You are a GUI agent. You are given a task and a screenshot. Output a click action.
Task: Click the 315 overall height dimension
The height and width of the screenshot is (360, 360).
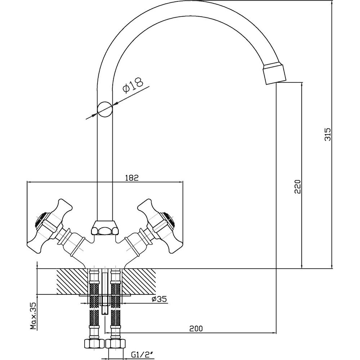[328, 134]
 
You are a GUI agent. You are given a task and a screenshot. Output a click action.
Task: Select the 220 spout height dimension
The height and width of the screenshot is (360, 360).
[297, 186]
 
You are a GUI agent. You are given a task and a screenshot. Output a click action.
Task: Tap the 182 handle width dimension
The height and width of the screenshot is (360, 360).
[132, 178]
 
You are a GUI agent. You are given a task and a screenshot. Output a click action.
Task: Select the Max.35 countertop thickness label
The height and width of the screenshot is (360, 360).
[34, 316]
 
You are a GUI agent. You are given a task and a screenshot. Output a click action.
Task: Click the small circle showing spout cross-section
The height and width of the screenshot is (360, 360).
[105, 109]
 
